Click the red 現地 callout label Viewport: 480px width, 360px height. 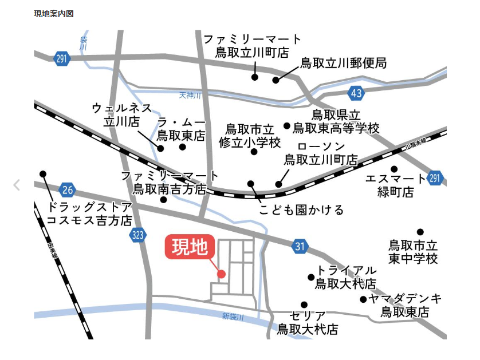click(191, 247)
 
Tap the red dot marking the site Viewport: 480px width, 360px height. click(222, 274)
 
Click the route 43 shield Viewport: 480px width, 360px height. click(356, 93)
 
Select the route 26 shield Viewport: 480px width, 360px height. click(68, 189)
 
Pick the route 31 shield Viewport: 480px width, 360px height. click(300, 247)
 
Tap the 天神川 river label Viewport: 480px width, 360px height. click(190, 95)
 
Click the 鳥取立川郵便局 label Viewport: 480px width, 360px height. click(344, 63)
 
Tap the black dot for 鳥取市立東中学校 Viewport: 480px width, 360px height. click(420, 232)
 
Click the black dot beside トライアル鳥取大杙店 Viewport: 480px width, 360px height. click(311, 277)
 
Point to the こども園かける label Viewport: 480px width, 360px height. click(301, 210)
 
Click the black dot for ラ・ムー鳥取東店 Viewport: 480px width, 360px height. click(183, 147)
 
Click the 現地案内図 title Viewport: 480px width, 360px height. click(54, 13)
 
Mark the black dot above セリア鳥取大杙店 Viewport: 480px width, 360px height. click(304, 304)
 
